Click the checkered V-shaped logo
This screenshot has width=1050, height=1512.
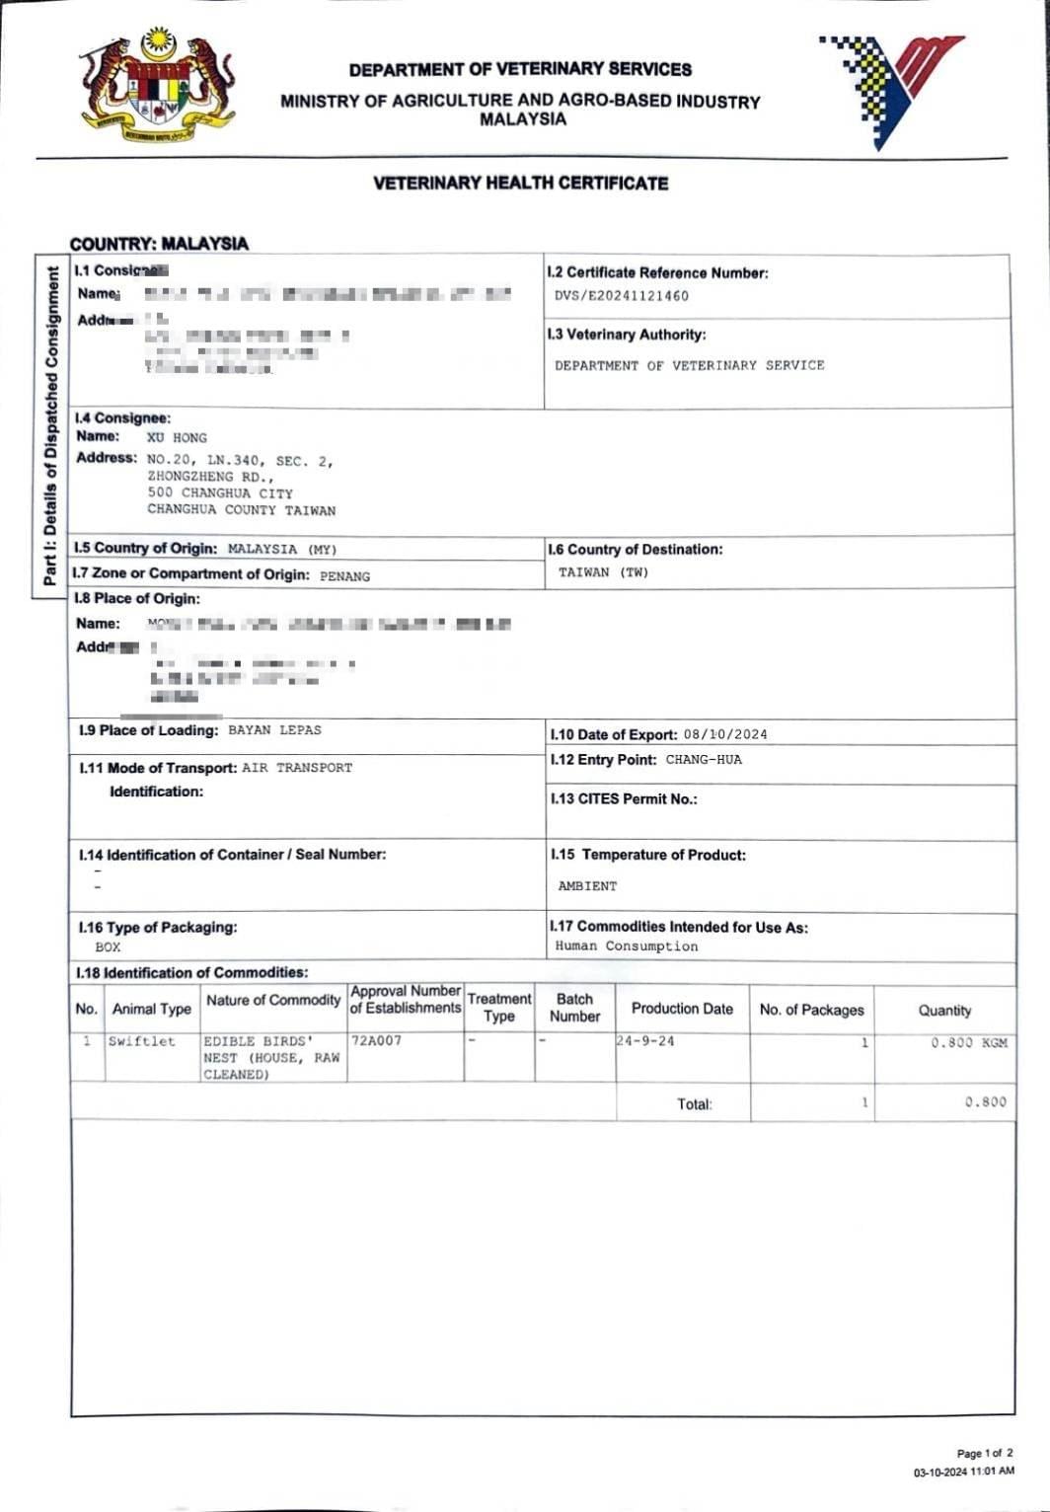click(x=889, y=89)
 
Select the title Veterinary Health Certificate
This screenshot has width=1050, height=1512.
click(x=520, y=184)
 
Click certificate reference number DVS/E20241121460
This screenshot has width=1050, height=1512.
click(x=622, y=296)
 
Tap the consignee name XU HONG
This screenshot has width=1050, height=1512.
click(x=177, y=437)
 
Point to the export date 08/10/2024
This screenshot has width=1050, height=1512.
click(x=724, y=734)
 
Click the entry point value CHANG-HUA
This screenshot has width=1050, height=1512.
click(x=704, y=760)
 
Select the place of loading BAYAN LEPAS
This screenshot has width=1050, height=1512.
click(x=274, y=730)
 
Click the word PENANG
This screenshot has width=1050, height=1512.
click(x=344, y=575)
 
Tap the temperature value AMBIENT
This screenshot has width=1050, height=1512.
click(x=587, y=886)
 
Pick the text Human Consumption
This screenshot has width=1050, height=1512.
click(x=626, y=946)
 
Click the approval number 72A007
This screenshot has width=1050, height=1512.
click(x=376, y=1041)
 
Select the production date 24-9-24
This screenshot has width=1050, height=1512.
click(x=645, y=1041)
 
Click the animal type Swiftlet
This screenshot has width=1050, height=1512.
click(x=141, y=1041)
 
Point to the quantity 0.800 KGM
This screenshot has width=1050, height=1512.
click(x=969, y=1043)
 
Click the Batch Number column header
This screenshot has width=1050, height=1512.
click(x=574, y=1008)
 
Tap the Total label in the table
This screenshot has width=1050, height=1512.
click(x=694, y=1104)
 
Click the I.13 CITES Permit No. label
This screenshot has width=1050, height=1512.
click(x=624, y=799)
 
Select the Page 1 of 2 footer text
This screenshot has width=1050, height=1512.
click(x=984, y=1454)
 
